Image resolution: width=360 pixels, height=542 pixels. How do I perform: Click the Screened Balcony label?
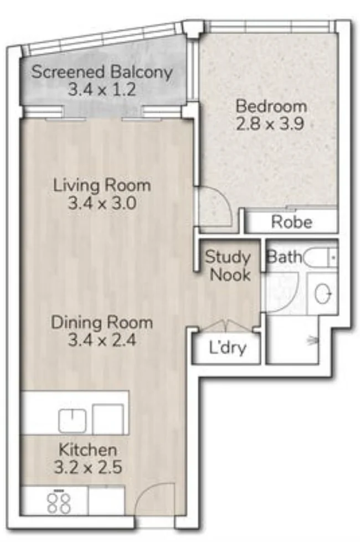click(102, 72)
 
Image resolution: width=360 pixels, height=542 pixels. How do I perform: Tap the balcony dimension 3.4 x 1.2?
click(102, 90)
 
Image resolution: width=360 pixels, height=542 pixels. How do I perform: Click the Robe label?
click(291, 223)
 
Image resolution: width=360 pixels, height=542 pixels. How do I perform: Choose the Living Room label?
click(102, 185)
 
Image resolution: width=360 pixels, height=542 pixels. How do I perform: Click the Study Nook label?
click(228, 265)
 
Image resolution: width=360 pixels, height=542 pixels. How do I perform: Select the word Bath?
click(285, 257)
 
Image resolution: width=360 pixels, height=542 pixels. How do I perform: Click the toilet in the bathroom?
click(320, 258)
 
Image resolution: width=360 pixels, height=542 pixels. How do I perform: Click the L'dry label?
click(227, 350)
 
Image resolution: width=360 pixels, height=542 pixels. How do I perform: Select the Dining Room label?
click(102, 322)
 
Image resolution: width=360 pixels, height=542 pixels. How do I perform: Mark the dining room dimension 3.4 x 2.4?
click(102, 340)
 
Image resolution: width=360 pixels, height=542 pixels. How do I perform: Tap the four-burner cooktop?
click(59, 503)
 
